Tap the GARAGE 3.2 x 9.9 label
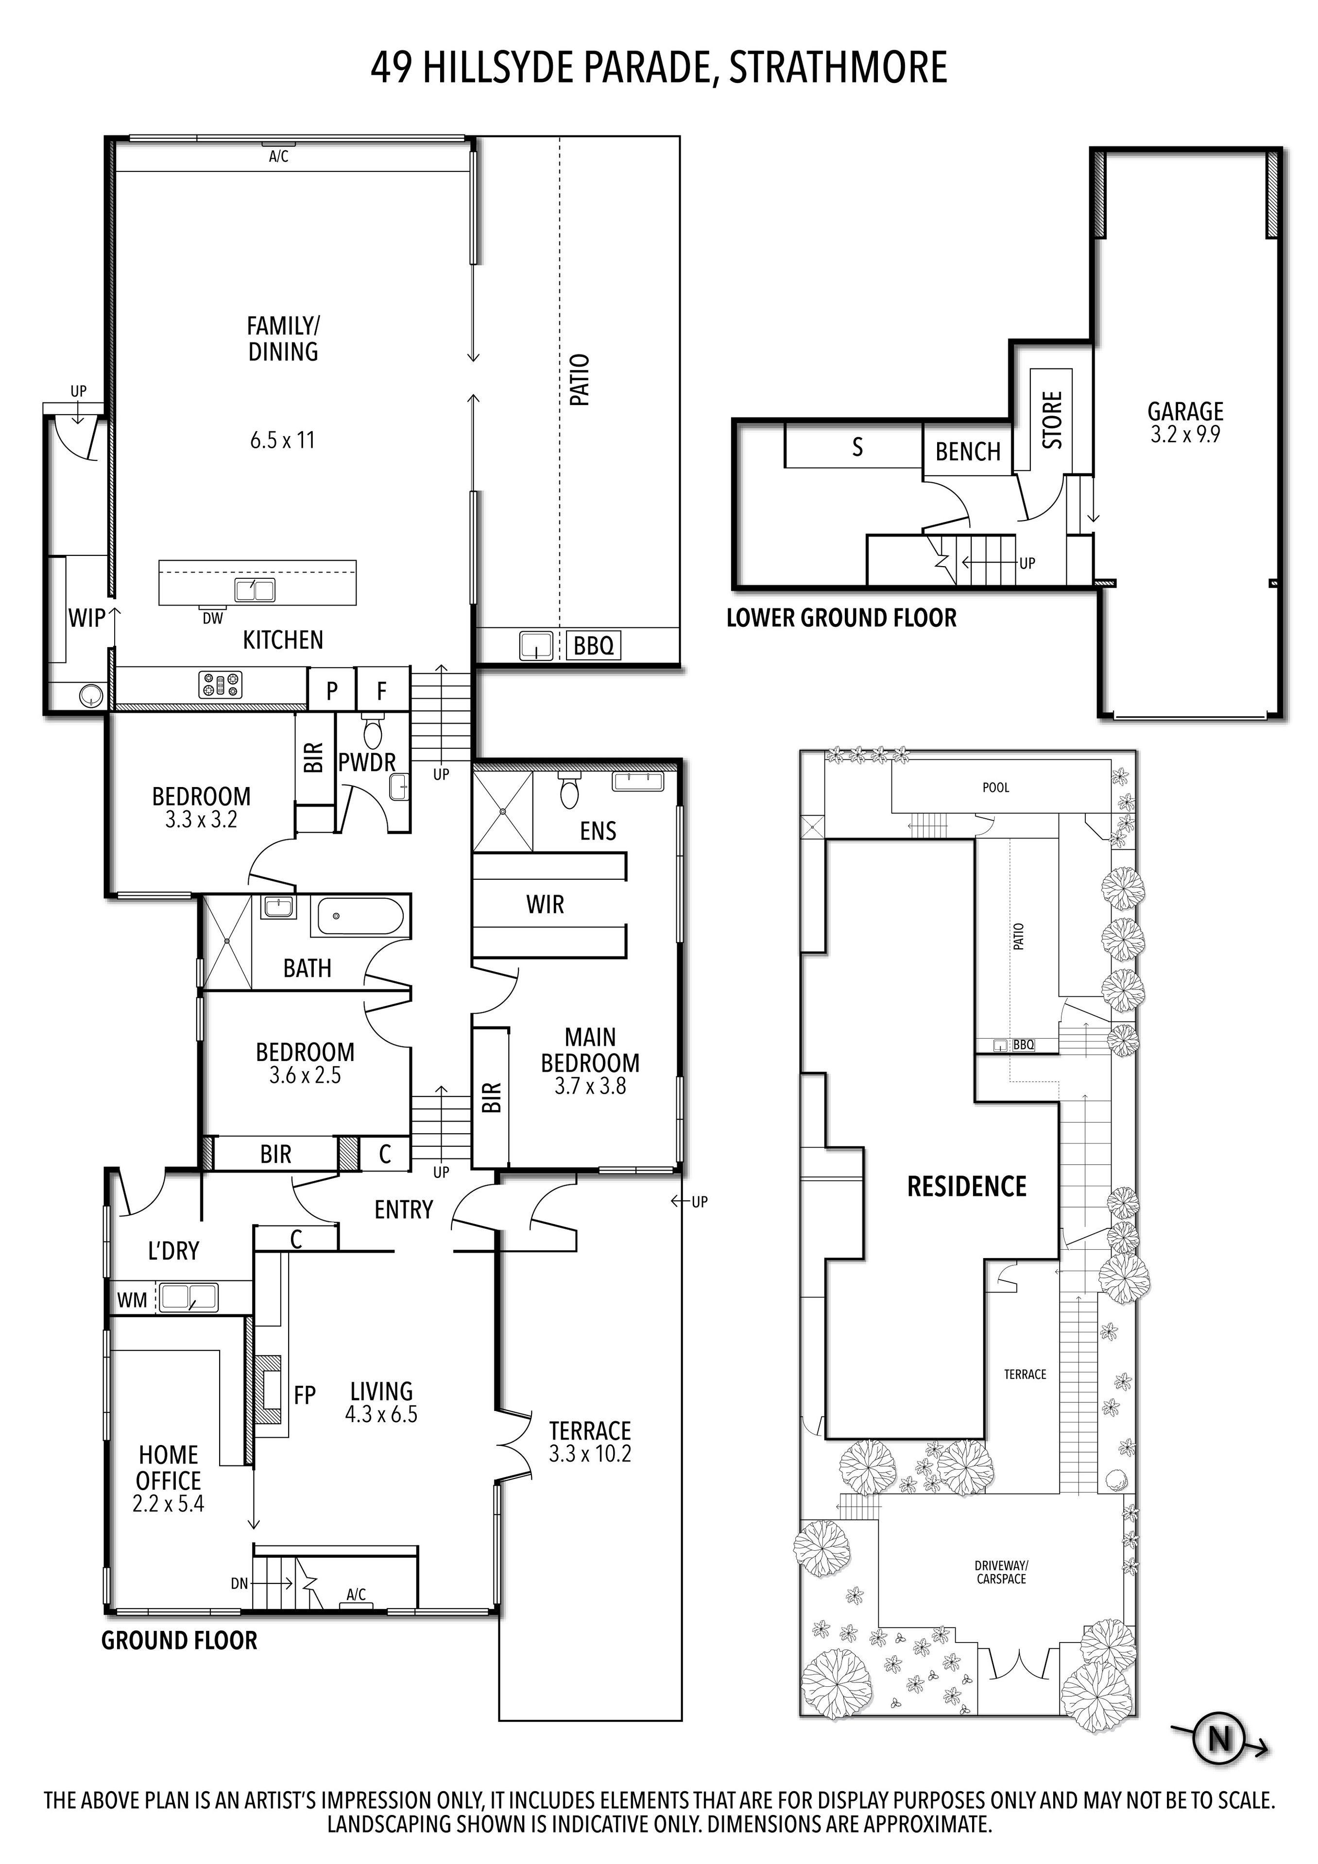[1185, 422]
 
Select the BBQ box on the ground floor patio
[593, 646]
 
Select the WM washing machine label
[132, 1301]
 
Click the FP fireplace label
[305, 1395]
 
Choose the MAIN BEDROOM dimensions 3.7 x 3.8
[590, 1086]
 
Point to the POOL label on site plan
[995, 788]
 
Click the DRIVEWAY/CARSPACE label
[1001, 1573]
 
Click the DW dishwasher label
[213, 619]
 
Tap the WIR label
[545, 905]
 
